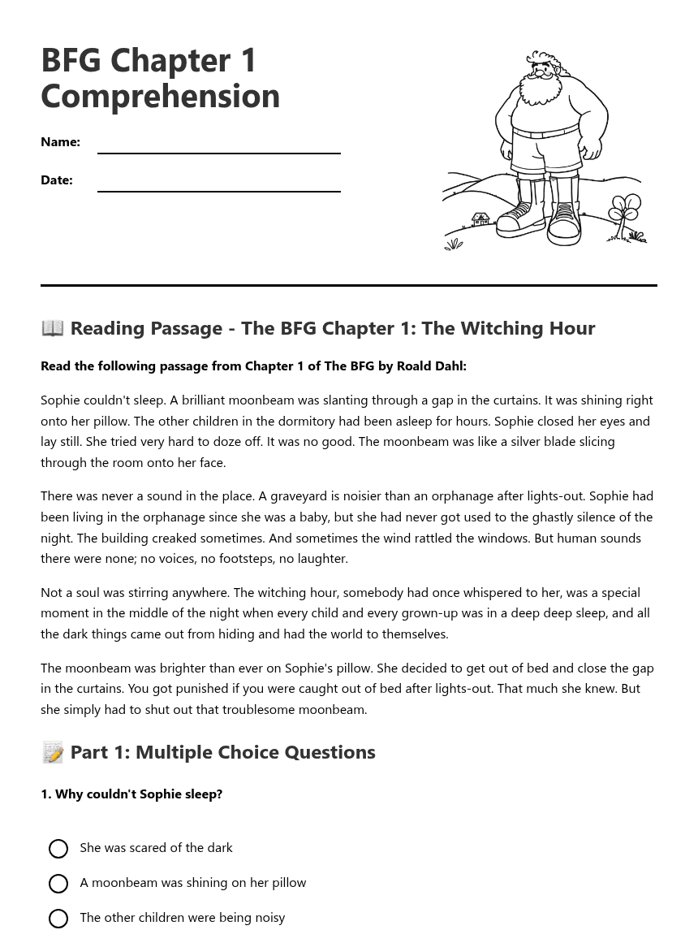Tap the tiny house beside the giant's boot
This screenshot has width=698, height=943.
[x=480, y=218]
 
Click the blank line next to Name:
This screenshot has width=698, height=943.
[x=218, y=146]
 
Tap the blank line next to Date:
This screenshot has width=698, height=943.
[x=218, y=184]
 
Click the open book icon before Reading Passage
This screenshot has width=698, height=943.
[x=53, y=327]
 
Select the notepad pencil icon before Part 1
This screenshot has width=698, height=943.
[x=53, y=752]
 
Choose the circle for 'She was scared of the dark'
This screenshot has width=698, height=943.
[x=58, y=849]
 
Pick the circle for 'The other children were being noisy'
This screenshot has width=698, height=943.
[x=58, y=919]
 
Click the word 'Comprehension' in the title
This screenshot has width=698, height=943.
[x=160, y=96]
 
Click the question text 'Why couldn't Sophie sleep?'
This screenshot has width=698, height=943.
[x=138, y=794]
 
